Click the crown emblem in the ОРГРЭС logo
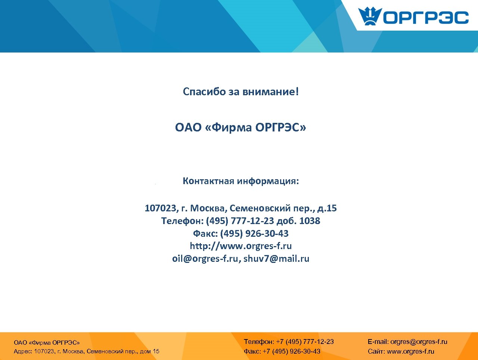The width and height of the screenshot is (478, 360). pyautogui.click(x=370, y=16)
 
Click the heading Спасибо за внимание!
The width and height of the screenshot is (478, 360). pyautogui.click(x=241, y=91)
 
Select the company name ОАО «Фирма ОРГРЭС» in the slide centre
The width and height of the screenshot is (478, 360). pyautogui.click(x=240, y=128)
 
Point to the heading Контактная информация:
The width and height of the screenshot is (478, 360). pyautogui.click(x=241, y=181)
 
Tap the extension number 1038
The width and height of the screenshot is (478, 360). pyautogui.click(x=310, y=221)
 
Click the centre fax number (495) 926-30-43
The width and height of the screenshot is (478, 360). pyautogui.click(x=254, y=233)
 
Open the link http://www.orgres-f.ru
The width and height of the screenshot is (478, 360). pyautogui.click(x=241, y=246)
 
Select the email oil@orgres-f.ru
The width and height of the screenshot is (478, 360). pyautogui.click(x=205, y=258)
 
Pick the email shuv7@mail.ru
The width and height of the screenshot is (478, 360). pyautogui.click(x=276, y=258)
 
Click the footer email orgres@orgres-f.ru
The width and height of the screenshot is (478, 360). pyautogui.click(x=419, y=342)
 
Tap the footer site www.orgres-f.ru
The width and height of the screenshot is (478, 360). pyautogui.click(x=410, y=351)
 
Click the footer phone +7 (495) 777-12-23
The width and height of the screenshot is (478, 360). pyautogui.click(x=305, y=342)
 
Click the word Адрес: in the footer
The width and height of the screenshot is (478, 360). pyautogui.click(x=23, y=351)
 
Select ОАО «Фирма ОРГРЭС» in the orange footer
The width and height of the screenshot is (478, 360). pyautogui.click(x=47, y=342)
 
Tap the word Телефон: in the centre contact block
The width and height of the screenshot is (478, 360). pyautogui.click(x=182, y=221)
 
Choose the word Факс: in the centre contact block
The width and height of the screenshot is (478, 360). pyautogui.click(x=205, y=233)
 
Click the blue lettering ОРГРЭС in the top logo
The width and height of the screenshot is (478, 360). pyautogui.click(x=426, y=18)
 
